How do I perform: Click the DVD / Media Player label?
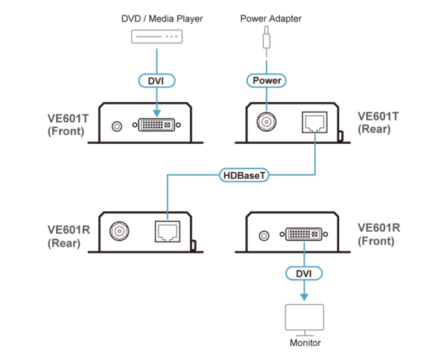click(162, 19)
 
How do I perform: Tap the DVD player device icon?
click(156, 37)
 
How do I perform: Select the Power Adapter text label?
click(271, 19)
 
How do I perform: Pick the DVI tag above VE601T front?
click(156, 80)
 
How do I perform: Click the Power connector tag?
click(267, 80)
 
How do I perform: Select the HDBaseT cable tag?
click(244, 175)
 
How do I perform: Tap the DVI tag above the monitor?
click(304, 274)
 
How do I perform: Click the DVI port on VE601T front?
click(156, 125)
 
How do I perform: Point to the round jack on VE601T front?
click(117, 126)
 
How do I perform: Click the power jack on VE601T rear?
click(267, 122)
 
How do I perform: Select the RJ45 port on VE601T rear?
click(314, 122)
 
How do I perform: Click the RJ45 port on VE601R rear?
click(168, 231)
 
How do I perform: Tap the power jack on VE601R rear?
click(119, 231)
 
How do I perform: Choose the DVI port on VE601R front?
click(304, 234)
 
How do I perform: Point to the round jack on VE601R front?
click(264, 236)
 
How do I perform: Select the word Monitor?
click(305, 343)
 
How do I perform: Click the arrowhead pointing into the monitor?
click(304, 297)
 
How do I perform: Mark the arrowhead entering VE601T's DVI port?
click(156, 113)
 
